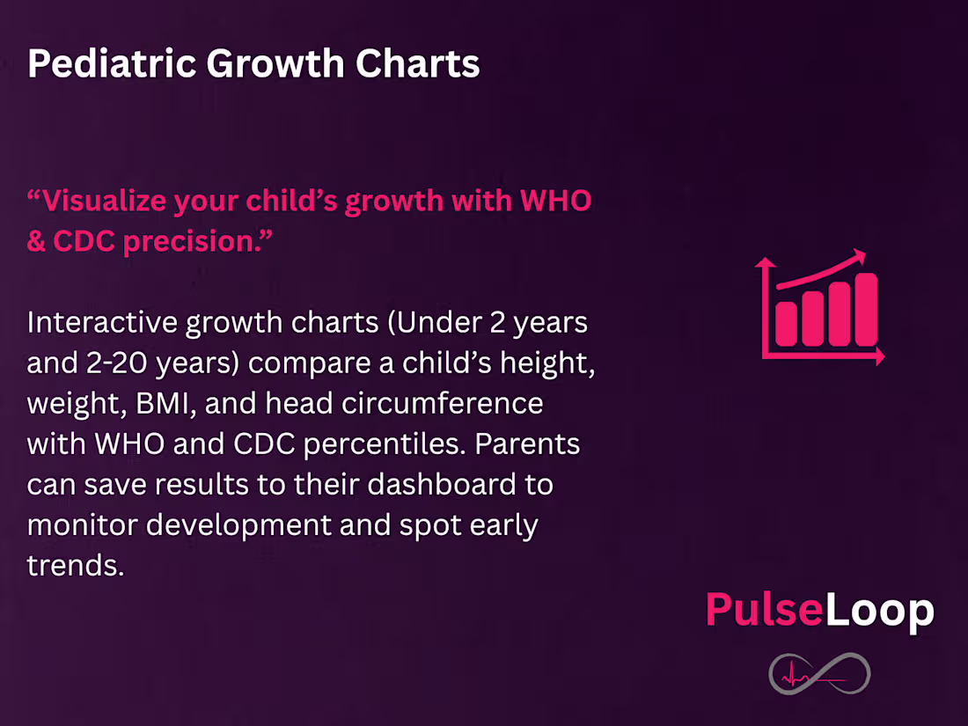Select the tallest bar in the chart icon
(x=866, y=309)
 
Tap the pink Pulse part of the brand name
(x=764, y=610)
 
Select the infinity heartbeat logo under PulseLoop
(x=819, y=675)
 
